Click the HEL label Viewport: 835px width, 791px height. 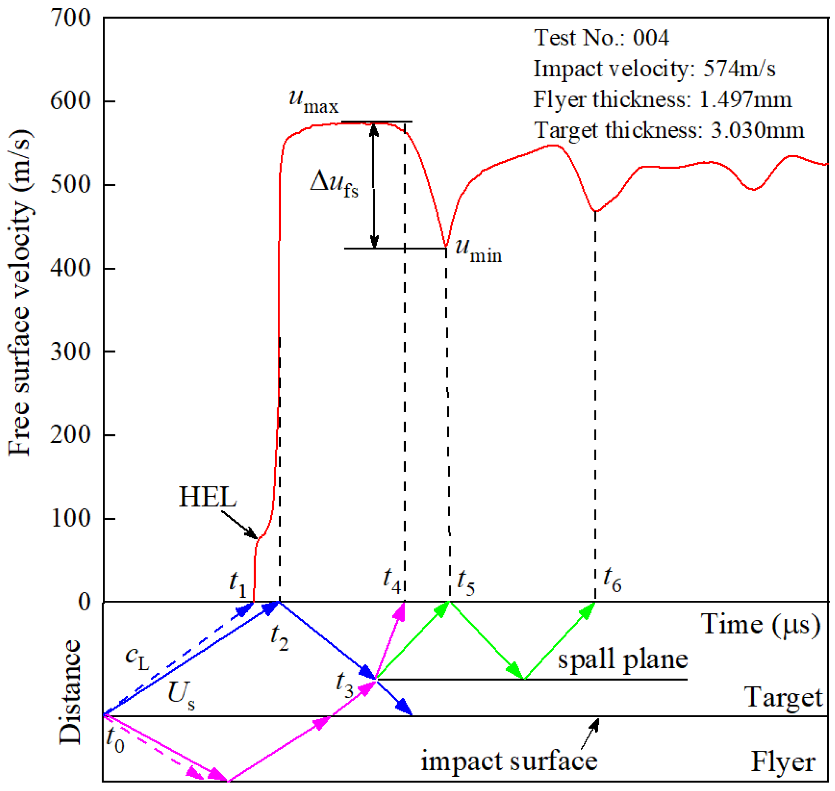pos(208,498)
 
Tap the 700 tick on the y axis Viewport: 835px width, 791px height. pos(70,19)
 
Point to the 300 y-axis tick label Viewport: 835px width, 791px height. pos(70,351)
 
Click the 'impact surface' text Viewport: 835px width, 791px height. pos(509,761)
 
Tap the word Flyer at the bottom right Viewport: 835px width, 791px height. pos(783,762)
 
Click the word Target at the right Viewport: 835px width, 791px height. pos(783,698)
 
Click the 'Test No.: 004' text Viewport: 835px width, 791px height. pos(601,38)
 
